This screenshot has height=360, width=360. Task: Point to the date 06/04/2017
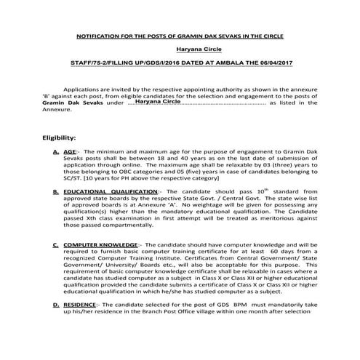268,65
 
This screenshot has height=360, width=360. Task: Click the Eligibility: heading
64,137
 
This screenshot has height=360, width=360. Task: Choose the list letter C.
57,247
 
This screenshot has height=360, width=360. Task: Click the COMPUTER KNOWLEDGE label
100,247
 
